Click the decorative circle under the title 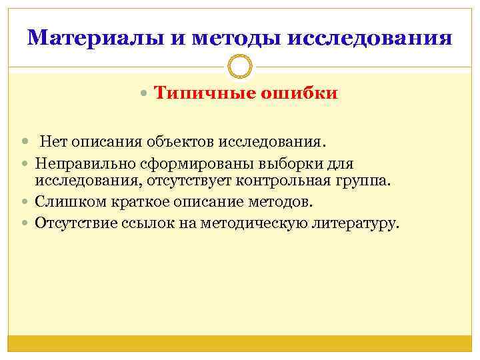click(239, 67)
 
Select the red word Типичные click(200, 93)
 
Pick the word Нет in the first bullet click(53, 141)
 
